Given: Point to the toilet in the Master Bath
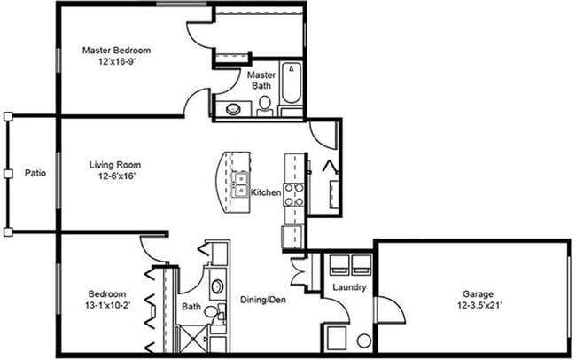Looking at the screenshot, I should (x=265, y=105).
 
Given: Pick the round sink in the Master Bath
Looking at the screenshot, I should (x=233, y=110).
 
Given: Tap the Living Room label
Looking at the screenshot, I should (x=115, y=165).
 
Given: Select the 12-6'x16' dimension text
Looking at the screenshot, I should (x=115, y=178).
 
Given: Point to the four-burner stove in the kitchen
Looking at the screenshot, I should (x=294, y=192).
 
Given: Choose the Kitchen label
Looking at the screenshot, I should (x=266, y=192).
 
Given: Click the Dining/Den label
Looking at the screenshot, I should (x=263, y=299).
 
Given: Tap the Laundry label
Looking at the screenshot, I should (x=343, y=288).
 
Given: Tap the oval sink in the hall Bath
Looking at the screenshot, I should (x=217, y=287).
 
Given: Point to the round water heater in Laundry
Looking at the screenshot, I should (x=363, y=340).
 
